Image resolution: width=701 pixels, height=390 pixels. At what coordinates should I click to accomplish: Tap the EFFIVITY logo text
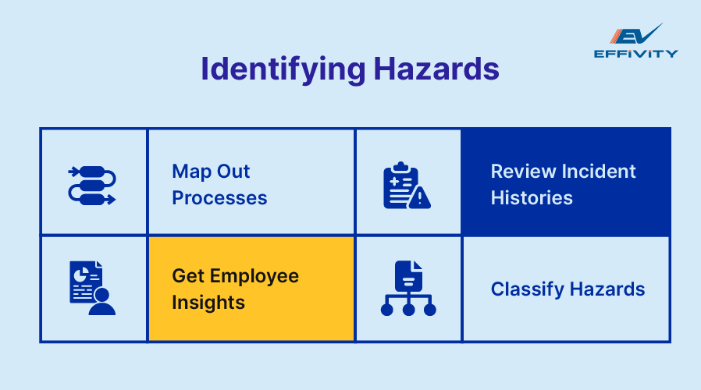coord(635,54)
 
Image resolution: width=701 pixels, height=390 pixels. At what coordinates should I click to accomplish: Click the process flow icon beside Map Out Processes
coord(92,185)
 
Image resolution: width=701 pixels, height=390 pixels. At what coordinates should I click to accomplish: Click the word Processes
coord(219,198)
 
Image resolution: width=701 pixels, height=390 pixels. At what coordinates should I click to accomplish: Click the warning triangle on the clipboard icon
coord(420,199)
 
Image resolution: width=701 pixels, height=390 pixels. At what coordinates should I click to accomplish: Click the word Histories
coord(532,198)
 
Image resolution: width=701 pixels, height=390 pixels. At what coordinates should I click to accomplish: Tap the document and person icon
coord(91,288)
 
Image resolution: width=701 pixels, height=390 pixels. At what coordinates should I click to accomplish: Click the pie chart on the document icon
coord(81,275)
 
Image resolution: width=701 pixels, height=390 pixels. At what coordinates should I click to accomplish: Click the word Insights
coord(208,302)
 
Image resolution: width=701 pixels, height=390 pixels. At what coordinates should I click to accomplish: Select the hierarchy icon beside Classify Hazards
coord(408,289)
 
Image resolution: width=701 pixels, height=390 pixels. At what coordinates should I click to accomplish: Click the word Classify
coord(526,289)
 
